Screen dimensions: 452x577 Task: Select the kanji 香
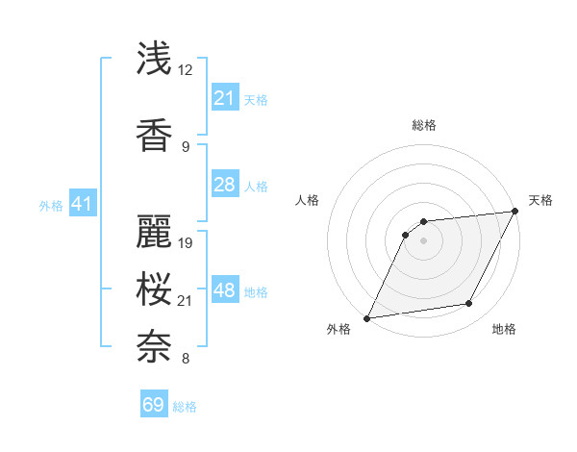[154, 135]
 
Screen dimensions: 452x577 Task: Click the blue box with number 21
[224, 98]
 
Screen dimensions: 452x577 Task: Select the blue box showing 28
[224, 185]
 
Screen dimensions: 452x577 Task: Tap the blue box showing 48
[224, 290]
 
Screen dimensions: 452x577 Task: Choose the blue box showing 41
[82, 204]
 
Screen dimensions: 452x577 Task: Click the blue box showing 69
[154, 405]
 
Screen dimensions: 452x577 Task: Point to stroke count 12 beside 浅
[187, 69]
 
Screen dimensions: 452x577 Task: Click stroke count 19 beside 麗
[187, 242]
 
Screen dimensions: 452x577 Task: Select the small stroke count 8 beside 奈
[185, 360]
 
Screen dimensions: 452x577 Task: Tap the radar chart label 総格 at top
[423, 125]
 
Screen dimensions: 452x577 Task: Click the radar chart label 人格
[308, 200]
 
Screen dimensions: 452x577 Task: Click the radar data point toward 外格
[366, 318]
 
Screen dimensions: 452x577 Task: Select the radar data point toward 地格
[469, 304]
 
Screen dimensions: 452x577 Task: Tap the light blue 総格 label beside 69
[185, 407]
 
